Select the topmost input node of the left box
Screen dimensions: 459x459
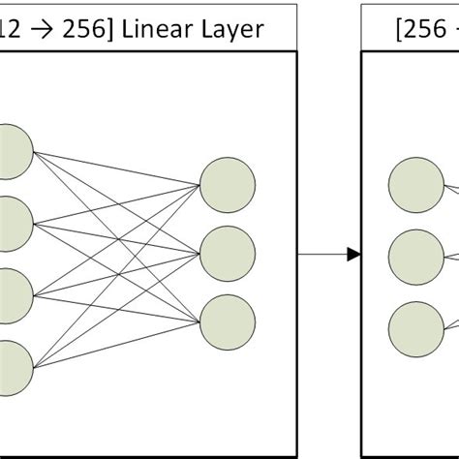pyautogui.click(x=13, y=149)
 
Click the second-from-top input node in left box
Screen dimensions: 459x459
pyautogui.click(x=13, y=221)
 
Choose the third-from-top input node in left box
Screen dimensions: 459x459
pyautogui.click(x=13, y=293)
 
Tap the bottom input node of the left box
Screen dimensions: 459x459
pyautogui.click(x=13, y=366)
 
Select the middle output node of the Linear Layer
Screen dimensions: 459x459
pyautogui.click(x=228, y=254)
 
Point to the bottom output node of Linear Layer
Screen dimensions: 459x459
pyautogui.click(x=228, y=321)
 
